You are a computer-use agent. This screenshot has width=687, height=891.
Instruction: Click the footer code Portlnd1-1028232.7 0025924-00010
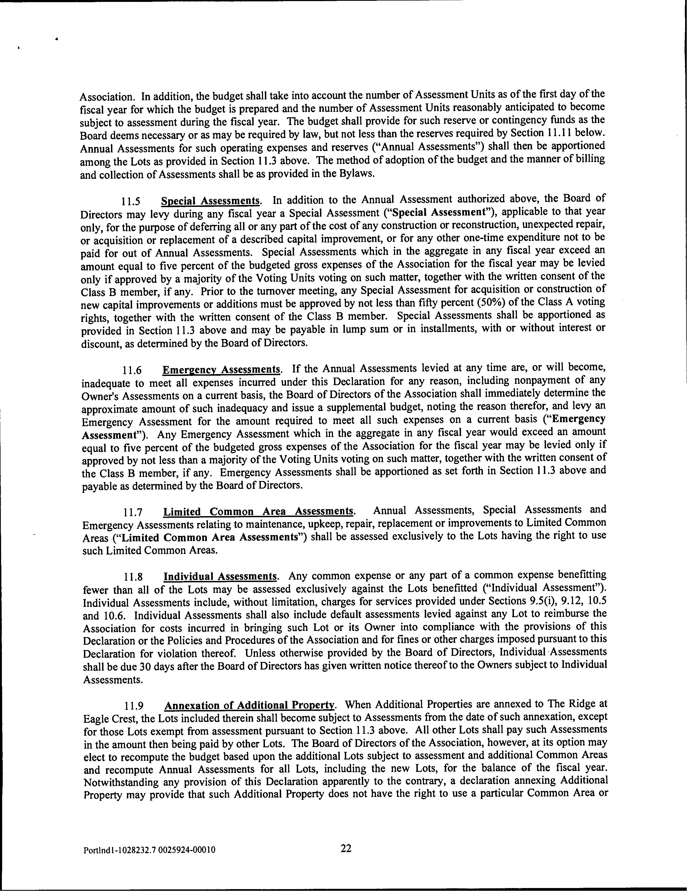(x=149, y=850)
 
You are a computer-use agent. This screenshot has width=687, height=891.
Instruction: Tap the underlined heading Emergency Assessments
(x=221, y=370)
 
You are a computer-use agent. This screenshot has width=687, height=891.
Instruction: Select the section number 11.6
(x=132, y=371)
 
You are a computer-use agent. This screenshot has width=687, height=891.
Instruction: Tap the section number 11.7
(x=133, y=512)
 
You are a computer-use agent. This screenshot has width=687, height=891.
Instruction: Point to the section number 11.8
(x=133, y=577)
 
